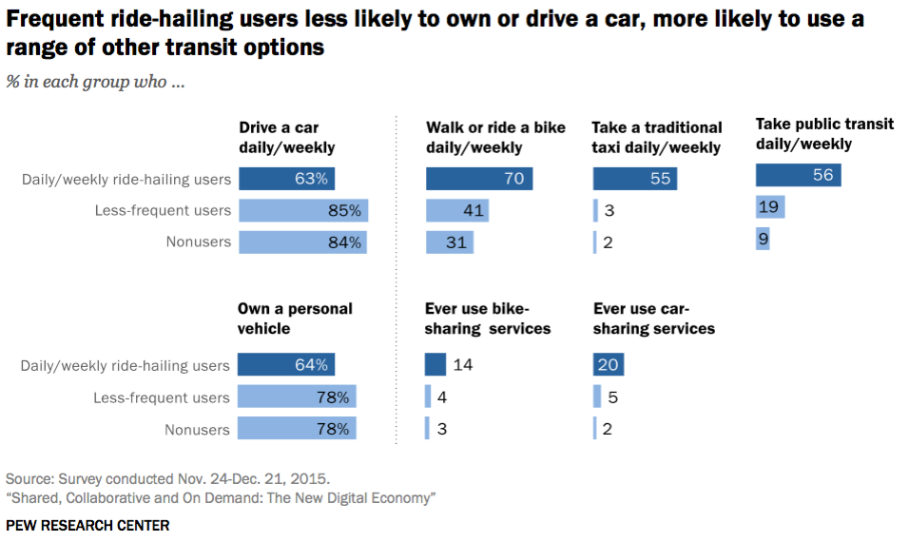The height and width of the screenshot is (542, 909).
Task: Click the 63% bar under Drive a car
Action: (x=286, y=179)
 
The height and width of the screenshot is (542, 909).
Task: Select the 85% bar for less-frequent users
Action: (x=302, y=210)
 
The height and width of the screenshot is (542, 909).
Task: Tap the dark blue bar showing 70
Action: (x=479, y=179)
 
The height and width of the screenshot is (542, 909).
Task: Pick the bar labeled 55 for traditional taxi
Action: (x=634, y=179)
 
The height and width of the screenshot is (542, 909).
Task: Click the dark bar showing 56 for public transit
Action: (x=799, y=175)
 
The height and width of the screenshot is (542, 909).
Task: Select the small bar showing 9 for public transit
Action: (x=763, y=238)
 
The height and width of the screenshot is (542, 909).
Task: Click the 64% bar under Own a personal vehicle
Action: (x=286, y=365)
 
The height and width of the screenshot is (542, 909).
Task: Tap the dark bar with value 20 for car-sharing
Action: (x=609, y=365)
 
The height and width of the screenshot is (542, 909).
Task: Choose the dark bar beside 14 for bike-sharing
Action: (x=435, y=365)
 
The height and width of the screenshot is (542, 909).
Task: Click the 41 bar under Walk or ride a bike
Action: (x=457, y=210)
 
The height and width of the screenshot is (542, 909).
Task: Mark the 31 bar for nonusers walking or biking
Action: (x=450, y=242)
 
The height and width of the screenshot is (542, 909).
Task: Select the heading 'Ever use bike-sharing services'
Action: (x=488, y=319)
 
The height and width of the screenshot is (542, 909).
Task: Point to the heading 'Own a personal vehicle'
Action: (x=295, y=319)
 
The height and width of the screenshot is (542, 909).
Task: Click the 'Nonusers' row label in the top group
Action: (x=199, y=242)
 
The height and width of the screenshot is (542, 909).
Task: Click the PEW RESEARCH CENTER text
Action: (x=87, y=525)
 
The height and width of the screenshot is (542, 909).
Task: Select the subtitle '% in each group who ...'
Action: (x=95, y=82)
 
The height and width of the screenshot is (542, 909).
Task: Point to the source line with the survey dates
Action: (x=168, y=477)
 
